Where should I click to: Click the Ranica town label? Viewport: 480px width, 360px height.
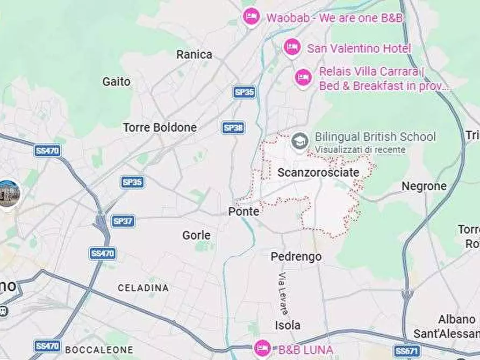(194, 54)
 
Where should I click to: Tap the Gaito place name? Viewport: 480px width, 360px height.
(116, 82)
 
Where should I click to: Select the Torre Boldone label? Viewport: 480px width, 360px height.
(160, 128)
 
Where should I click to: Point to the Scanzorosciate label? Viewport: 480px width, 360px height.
(318, 172)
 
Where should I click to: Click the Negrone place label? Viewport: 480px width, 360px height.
(424, 186)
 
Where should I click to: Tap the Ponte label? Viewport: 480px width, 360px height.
(243, 212)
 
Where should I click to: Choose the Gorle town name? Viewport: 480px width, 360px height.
(196, 235)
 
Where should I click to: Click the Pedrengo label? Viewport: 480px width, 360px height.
(296, 257)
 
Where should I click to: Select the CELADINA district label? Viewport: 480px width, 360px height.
(143, 288)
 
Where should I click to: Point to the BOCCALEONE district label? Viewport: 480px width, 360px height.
(99, 350)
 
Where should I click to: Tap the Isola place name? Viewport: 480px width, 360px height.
(288, 325)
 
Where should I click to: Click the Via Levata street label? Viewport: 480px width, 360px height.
(283, 293)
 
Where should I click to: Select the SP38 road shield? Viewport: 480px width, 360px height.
(233, 127)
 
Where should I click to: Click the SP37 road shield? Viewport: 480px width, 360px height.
(123, 221)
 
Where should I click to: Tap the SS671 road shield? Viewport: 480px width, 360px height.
(406, 351)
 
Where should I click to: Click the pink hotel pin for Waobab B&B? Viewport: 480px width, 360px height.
(251, 17)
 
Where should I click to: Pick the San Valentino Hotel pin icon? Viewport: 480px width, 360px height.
(291, 47)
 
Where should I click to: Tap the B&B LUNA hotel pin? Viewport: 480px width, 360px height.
(262, 348)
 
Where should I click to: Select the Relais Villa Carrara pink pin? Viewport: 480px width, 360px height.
(303, 77)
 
